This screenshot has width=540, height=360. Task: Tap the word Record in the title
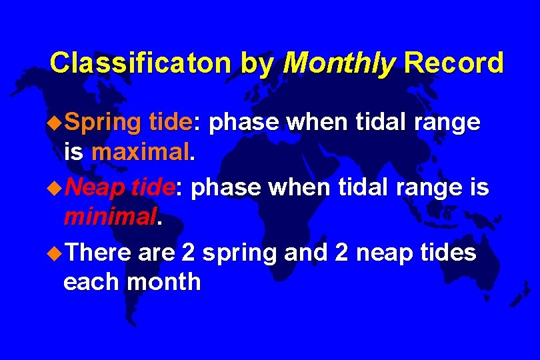(x=454, y=63)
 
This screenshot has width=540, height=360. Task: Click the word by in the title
(x=257, y=63)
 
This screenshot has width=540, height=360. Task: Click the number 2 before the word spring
(x=188, y=253)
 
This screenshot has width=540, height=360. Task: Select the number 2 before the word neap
(x=334, y=253)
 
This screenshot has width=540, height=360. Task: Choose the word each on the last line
(x=91, y=282)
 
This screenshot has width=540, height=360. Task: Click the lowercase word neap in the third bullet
(x=377, y=254)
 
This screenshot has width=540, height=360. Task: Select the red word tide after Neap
(x=153, y=189)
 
